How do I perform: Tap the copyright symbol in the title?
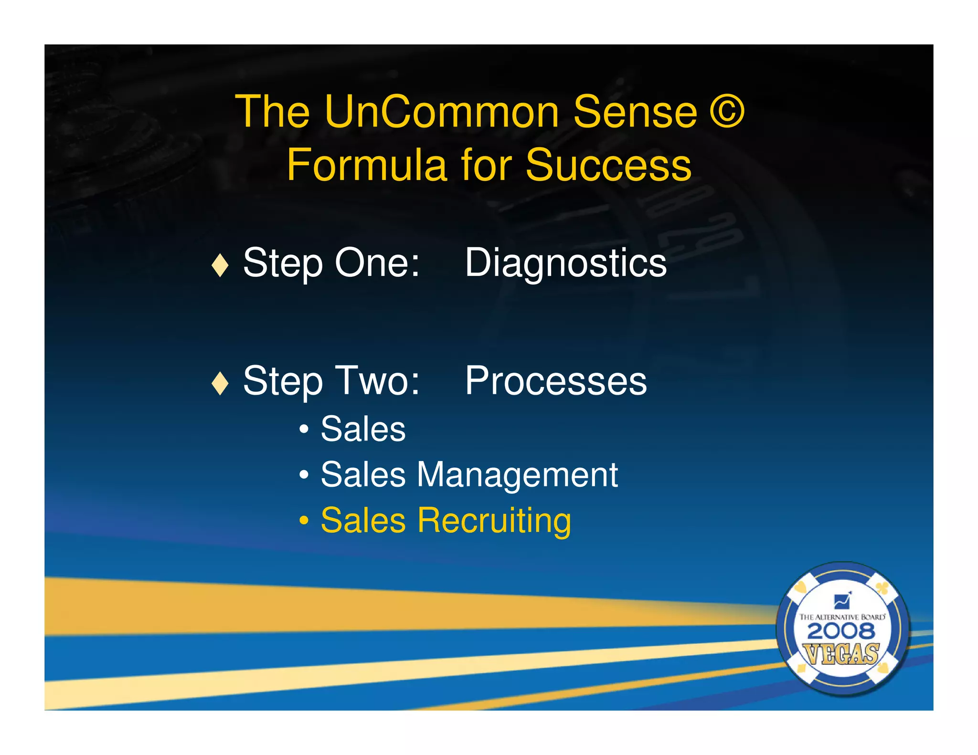pyautogui.click(x=726, y=112)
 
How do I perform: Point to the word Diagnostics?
pyautogui.click(x=565, y=263)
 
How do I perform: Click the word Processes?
pyautogui.click(x=556, y=381)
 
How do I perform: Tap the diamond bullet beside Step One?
pyautogui.click(x=220, y=265)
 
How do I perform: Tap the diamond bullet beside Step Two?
pyautogui.click(x=220, y=383)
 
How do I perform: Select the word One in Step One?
pyautogui.click(x=377, y=263)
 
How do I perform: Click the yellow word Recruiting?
pyautogui.click(x=494, y=521)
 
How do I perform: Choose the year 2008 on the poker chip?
pyautogui.click(x=841, y=632)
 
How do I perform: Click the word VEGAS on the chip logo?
pyautogui.click(x=841, y=654)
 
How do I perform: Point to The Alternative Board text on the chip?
pyautogui.click(x=842, y=617)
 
